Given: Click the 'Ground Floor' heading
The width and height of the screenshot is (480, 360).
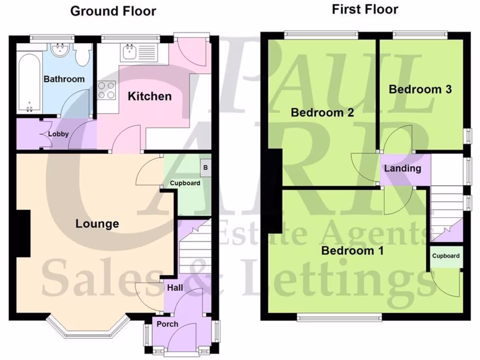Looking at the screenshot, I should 113,11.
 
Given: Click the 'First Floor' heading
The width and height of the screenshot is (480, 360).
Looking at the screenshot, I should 365,9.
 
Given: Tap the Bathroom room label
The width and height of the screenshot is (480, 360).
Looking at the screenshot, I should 64,79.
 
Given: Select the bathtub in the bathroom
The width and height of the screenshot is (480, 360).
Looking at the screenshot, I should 29,82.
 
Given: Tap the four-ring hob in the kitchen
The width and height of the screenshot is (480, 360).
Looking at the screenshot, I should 106,90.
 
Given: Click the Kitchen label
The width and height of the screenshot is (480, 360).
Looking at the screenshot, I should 150,97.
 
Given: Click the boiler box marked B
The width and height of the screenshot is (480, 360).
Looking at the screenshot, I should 205,166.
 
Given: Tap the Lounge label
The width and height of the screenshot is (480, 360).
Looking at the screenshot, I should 97,224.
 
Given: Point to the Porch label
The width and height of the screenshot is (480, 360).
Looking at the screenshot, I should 167,324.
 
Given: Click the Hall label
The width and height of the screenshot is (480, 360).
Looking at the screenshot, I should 175,288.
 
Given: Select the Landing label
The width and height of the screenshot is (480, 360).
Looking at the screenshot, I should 403,168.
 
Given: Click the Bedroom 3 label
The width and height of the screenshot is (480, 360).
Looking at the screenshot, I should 420,90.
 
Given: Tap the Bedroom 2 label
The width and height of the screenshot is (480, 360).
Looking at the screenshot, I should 322,112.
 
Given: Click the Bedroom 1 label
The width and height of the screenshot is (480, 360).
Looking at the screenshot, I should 352,251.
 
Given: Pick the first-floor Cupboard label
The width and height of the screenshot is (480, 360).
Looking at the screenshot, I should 446,256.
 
